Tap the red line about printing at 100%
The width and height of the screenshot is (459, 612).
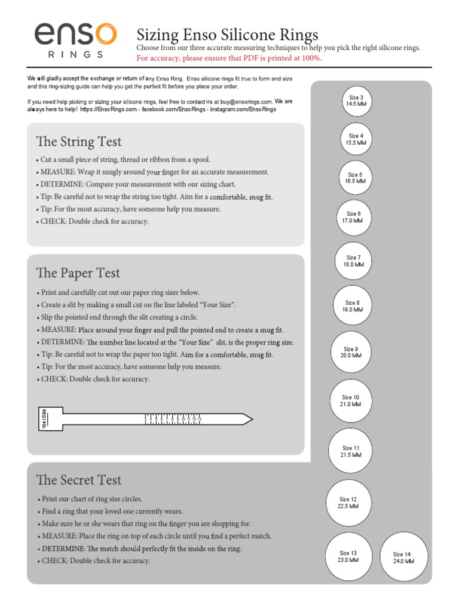point(229,58)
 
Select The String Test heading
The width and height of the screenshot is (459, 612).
point(78,142)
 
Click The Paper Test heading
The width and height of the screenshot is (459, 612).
point(78,273)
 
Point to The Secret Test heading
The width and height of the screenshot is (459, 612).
point(78,480)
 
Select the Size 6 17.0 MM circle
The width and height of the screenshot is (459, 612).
point(354,217)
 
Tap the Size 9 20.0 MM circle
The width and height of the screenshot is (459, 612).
point(351,352)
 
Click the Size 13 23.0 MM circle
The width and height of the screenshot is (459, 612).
point(348,557)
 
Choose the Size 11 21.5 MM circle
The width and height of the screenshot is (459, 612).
point(351,451)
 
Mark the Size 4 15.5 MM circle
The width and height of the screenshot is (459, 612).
point(356,139)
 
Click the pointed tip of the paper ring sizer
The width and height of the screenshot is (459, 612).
point(250,418)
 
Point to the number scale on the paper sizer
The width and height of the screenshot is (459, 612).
point(173,420)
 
